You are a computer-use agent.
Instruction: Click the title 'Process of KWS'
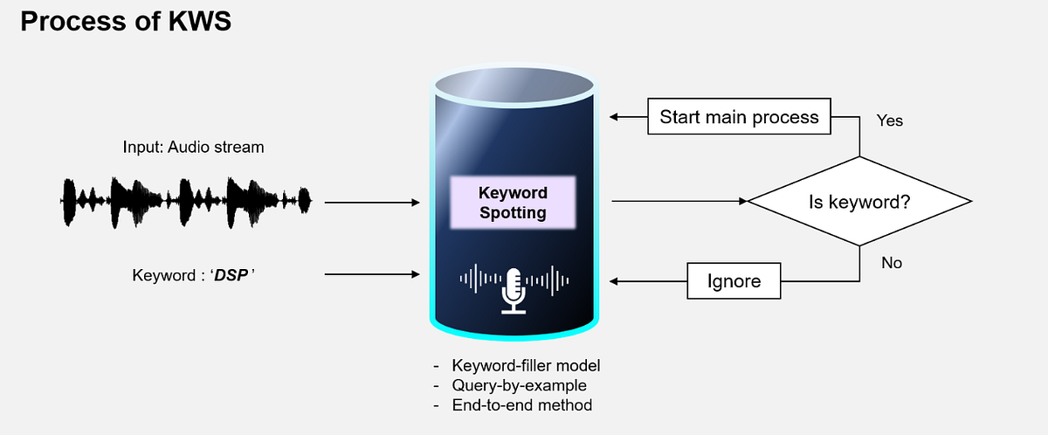(126, 22)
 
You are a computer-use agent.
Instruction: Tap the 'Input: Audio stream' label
(193, 147)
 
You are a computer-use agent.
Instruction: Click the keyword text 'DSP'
(232, 275)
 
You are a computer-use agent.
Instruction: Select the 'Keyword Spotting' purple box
(513, 202)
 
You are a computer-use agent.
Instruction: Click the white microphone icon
(513, 290)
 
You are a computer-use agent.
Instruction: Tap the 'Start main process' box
(739, 117)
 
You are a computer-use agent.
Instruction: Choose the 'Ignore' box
(734, 281)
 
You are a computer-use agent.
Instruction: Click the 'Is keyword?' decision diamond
(859, 202)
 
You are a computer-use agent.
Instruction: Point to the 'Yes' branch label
(889, 121)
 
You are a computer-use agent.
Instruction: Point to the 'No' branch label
(892, 262)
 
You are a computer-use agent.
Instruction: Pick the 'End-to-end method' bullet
(521, 405)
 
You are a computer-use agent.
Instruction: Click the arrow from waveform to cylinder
(372, 203)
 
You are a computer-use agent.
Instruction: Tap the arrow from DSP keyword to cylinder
(372, 275)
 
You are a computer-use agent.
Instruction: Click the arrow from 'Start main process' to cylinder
(628, 117)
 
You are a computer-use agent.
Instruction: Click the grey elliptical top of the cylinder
(513, 86)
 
